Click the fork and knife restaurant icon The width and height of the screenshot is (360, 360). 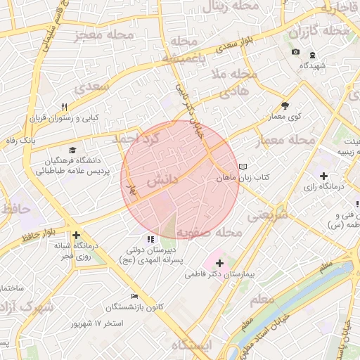pyautogui.click(x=64, y=107)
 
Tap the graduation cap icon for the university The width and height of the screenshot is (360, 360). pyautogui.click(x=74, y=150)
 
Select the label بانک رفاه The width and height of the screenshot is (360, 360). pyautogui.click(x=20, y=141)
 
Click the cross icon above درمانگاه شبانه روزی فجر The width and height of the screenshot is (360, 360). pyautogui.click(x=76, y=236)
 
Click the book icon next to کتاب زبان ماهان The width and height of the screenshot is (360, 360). pyautogui.click(x=243, y=167)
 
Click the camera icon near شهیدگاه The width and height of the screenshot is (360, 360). pyautogui.click(x=295, y=53)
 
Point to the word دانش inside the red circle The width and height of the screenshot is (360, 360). pyautogui.click(x=162, y=181)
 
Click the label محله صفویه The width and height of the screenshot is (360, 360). pyautogui.click(x=209, y=232)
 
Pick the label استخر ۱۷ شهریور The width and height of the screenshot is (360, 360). pyautogui.click(x=97, y=324)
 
